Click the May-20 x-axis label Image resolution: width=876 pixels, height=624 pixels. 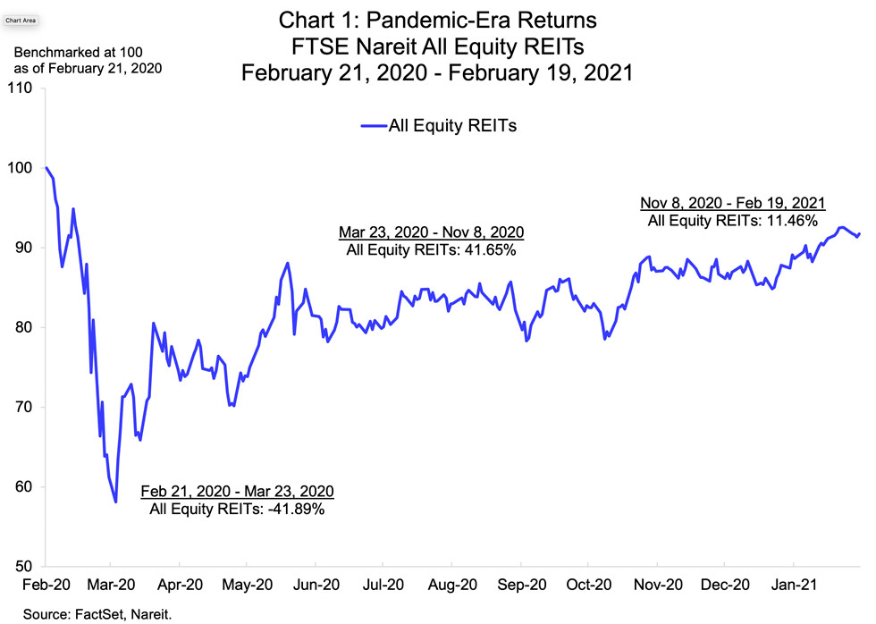(248, 586)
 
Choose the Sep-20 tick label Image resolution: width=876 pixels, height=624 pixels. (520, 586)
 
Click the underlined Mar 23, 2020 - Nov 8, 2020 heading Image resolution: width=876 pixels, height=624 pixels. (431, 232)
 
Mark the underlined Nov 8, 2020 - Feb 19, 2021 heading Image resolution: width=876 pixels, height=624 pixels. (733, 202)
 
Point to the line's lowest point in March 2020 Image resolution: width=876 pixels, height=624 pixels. (116, 502)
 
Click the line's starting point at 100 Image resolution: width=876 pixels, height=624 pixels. (46, 168)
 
